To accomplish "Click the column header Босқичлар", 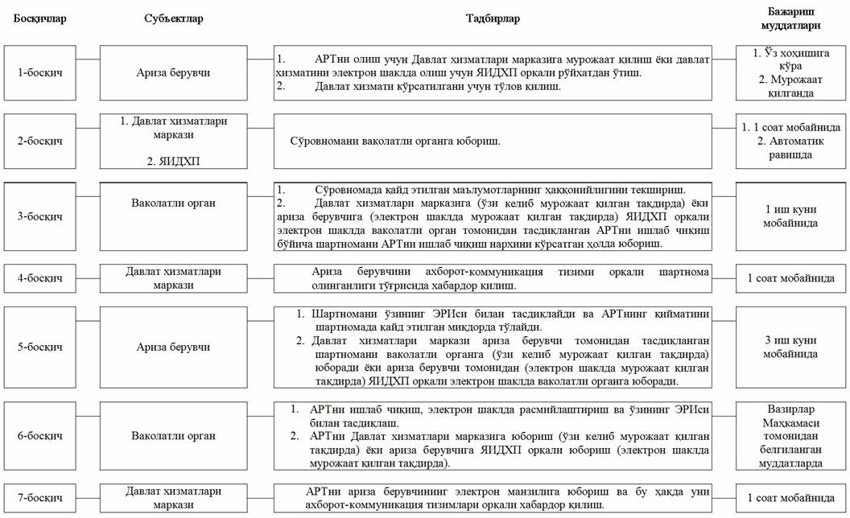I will pos(40,18).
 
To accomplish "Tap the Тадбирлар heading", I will pos(505,18).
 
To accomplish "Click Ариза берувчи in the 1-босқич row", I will pos(174,72).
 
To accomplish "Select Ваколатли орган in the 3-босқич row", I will pos(174,203).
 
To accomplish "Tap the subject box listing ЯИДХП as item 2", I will pos(174,141).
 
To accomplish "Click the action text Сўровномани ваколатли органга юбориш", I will pos(396,142).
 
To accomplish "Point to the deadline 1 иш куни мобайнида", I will pos(791,216).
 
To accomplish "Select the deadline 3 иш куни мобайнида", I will pos(791,347).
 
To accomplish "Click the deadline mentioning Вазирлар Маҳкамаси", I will pos(791,435).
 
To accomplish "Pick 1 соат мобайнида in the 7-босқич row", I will pos(791,498).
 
